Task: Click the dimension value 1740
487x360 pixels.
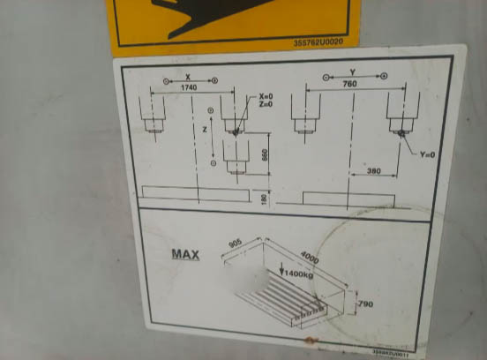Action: click(x=188, y=88)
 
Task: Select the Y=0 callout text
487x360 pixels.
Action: click(x=428, y=154)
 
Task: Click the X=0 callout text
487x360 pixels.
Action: click(x=266, y=96)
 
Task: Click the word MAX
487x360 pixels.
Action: click(x=185, y=255)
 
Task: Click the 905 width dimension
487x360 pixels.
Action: click(x=236, y=241)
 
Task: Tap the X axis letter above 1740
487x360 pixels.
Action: click(x=187, y=77)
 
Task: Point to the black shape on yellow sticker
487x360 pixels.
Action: click(x=203, y=14)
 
